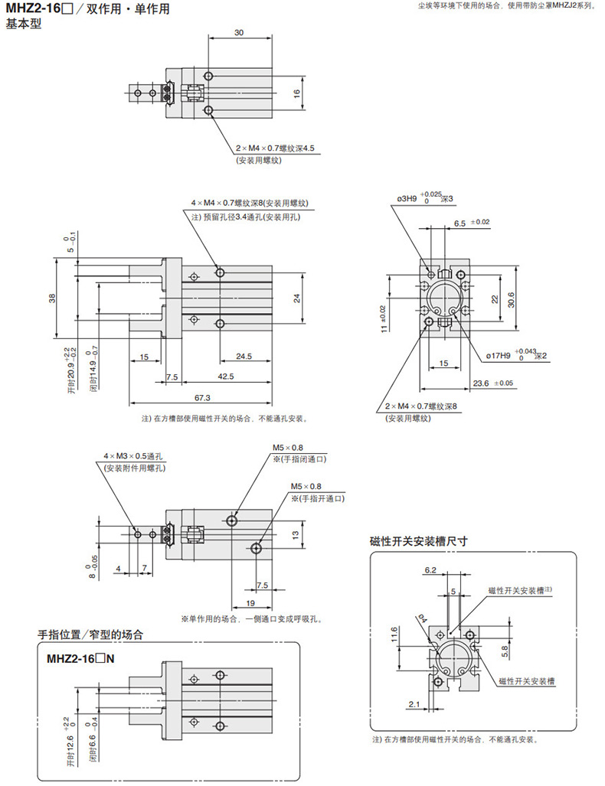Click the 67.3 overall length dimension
tap(202, 397)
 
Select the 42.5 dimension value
tap(225, 377)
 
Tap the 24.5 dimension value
tap(245, 356)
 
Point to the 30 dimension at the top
tap(239, 33)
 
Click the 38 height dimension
tap(52, 299)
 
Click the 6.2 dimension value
tap(430, 570)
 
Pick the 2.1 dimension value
tap(414, 703)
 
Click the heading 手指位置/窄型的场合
tap(90, 634)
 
